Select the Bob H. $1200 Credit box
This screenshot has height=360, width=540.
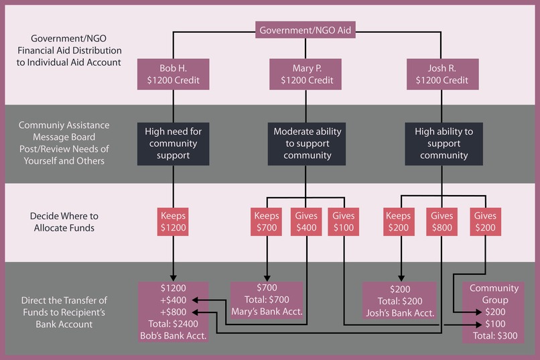[x=174, y=74]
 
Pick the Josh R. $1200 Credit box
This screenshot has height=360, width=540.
[x=441, y=74]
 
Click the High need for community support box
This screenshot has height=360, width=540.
[x=174, y=143]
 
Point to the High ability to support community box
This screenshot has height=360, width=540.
[x=441, y=143]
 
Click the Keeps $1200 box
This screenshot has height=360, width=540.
[x=174, y=222]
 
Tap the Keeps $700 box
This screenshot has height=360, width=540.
[x=267, y=222]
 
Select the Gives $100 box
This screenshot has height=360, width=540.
[x=344, y=222]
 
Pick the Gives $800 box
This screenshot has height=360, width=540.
[x=441, y=222]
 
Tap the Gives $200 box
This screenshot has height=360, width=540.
[x=485, y=222]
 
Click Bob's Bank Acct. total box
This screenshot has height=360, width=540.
[x=174, y=312]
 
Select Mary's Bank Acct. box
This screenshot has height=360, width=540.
[x=267, y=300]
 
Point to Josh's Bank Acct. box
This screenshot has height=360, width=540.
[x=399, y=300]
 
